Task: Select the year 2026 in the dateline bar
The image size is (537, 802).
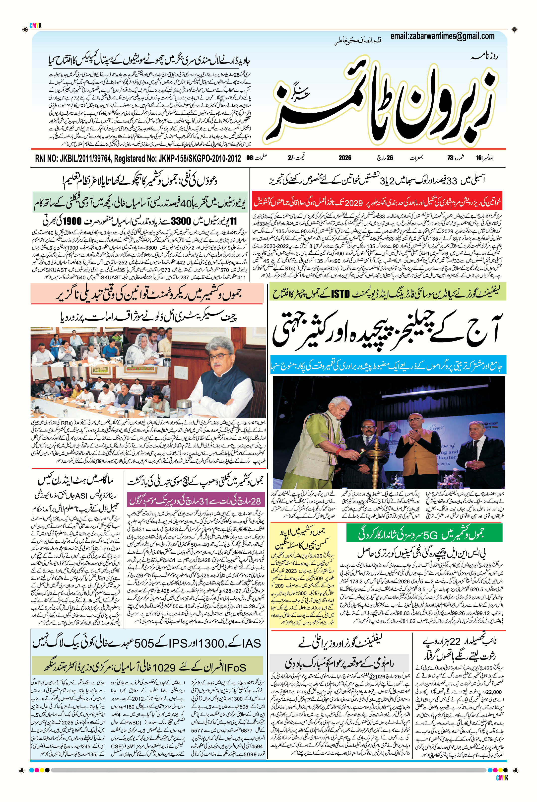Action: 345,158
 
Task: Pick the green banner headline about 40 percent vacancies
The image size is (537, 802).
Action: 140,205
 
